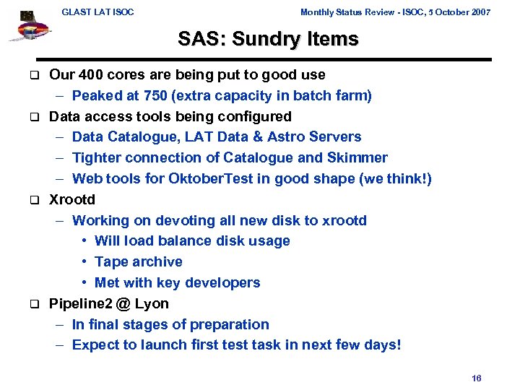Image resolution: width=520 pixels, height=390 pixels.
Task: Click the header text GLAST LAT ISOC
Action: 97,12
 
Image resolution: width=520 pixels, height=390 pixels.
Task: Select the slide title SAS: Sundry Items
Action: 268,39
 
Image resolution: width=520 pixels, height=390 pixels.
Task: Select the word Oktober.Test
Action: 206,178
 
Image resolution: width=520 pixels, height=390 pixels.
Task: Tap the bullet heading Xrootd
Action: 72,199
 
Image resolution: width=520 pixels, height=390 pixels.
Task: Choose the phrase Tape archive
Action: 139,261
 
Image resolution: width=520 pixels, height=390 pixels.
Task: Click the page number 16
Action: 476,378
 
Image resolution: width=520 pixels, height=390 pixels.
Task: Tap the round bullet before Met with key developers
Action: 85,283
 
